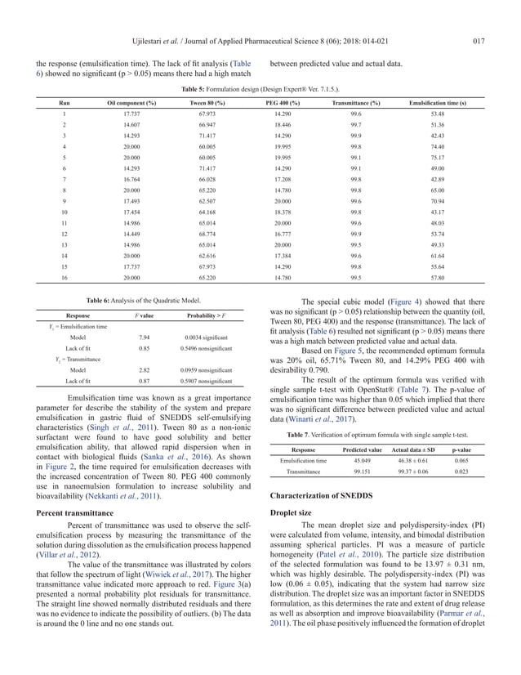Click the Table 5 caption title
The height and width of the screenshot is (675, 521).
(x=260, y=87)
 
